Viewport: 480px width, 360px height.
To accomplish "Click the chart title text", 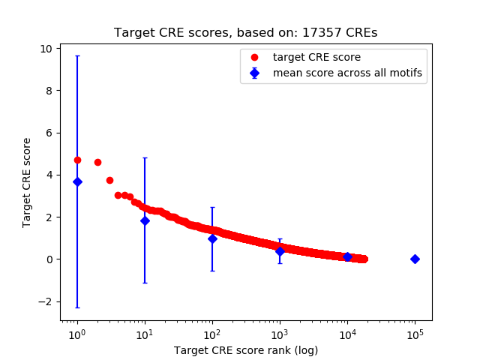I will click(x=245, y=33).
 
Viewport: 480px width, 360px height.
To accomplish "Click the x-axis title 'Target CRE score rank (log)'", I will click(x=245, y=350).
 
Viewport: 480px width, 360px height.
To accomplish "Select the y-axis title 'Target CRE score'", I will click(x=27, y=182).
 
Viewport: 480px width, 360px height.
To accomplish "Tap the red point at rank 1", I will click(x=77, y=160).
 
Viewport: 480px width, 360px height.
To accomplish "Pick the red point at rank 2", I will click(x=97, y=162).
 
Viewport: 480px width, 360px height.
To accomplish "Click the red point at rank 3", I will click(x=109, y=180).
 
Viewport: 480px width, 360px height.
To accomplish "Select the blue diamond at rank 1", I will click(x=77, y=181).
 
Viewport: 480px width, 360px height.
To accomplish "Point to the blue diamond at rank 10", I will click(x=145, y=220).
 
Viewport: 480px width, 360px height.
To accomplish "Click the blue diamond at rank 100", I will click(x=212, y=238).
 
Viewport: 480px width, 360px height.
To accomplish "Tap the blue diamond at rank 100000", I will click(x=415, y=259).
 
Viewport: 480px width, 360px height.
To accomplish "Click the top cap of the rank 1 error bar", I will click(x=77, y=56).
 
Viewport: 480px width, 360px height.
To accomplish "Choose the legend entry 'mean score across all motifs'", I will click(x=347, y=73).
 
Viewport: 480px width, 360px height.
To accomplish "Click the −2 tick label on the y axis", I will click(x=44, y=301).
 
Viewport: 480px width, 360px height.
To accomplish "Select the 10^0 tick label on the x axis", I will click(x=77, y=333).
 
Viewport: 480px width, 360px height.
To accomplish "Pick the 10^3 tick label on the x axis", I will click(x=280, y=333).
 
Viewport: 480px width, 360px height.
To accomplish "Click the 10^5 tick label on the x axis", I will click(x=415, y=333).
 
